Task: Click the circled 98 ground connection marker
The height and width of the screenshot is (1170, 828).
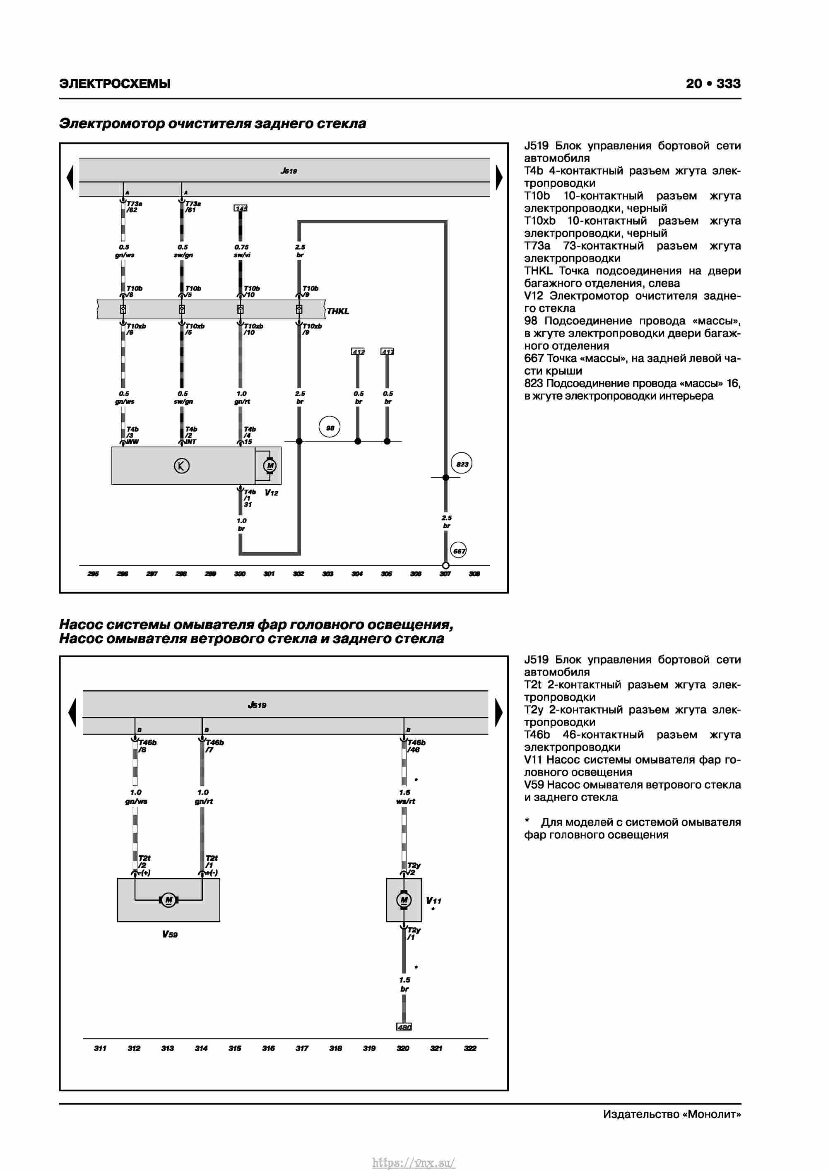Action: point(330,427)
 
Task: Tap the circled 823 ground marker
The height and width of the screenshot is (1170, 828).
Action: point(462,464)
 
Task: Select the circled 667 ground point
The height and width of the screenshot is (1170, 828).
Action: point(458,550)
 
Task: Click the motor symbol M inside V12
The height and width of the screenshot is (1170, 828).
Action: point(269,465)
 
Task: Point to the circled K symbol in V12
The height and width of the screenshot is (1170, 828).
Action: point(181,465)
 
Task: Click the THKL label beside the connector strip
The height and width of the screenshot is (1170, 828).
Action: point(337,311)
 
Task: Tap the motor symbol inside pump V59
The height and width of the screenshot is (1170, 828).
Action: point(168,899)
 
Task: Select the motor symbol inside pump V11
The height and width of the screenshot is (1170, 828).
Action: point(404,899)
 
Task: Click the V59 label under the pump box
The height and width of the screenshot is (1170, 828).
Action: point(170,934)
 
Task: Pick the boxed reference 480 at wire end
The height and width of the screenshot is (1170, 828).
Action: point(404,1026)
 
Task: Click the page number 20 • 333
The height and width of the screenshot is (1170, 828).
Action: point(713,84)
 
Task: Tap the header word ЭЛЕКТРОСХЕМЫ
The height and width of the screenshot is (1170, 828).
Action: point(115,84)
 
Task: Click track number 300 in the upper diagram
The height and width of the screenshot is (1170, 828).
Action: point(240,574)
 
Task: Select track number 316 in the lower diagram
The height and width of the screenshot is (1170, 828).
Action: point(268,1048)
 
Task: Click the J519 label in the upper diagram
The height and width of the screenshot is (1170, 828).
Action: point(289,171)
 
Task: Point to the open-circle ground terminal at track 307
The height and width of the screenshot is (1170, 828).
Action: point(445,565)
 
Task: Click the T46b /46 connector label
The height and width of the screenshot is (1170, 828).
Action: point(416,745)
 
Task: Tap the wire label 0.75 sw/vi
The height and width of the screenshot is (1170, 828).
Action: point(242,251)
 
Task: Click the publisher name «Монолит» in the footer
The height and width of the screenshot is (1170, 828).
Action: point(711,1114)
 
